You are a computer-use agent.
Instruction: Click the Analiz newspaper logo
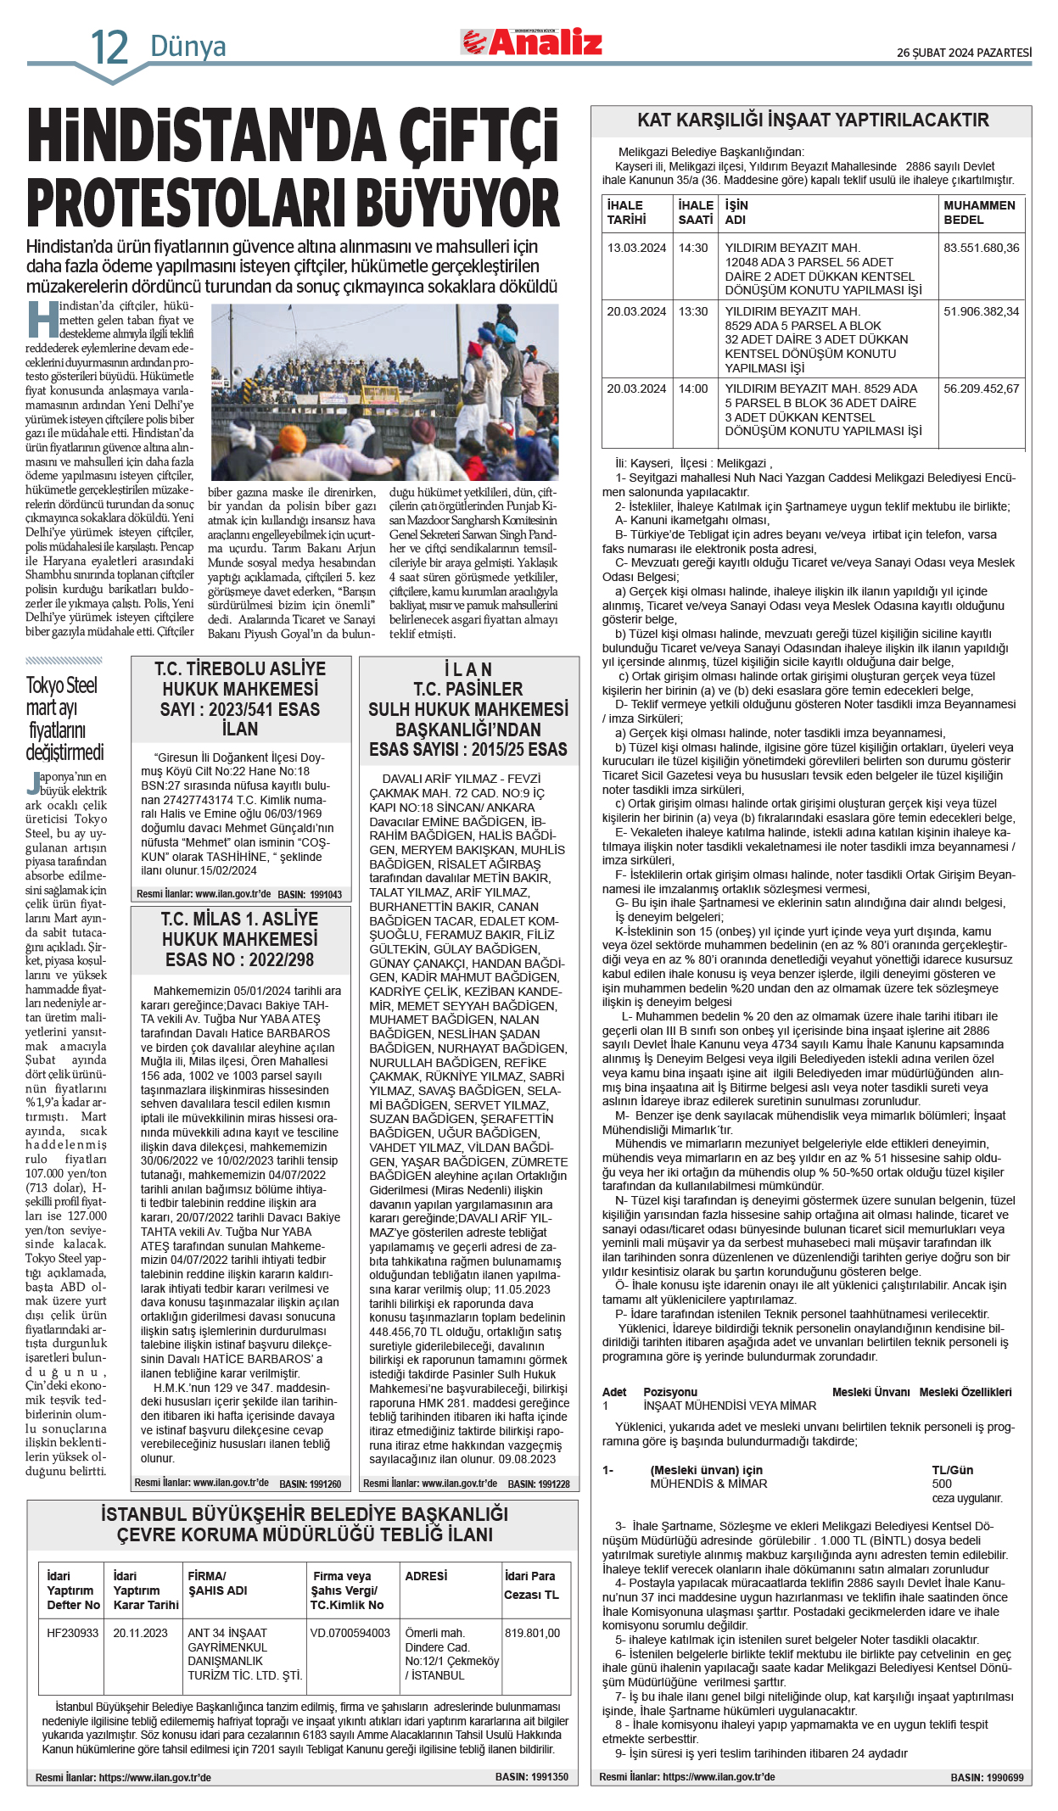(532, 42)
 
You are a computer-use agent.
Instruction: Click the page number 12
(109, 48)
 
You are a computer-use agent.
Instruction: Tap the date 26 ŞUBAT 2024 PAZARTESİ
(964, 53)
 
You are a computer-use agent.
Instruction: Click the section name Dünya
(188, 46)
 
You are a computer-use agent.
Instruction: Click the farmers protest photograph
(384, 392)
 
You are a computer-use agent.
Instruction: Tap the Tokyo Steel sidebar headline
(64, 718)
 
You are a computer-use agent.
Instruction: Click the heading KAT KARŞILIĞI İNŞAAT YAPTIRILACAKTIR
(812, 120)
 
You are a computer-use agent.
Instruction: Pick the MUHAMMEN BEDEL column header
(979, 212)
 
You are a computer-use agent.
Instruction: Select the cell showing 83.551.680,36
(981, 248)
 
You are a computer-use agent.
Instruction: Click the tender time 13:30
(692, 311)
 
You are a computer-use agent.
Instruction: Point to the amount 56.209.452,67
(981, 388)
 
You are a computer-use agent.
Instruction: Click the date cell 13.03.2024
(636, 248)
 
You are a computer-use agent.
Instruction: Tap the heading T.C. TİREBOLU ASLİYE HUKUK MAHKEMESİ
(240, 679)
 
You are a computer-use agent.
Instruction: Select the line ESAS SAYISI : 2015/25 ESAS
(467, 749)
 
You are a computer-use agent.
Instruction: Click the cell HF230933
(72, 1632)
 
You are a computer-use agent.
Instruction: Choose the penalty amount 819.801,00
(532, 1632)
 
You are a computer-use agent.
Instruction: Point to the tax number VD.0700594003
(350, 1632)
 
